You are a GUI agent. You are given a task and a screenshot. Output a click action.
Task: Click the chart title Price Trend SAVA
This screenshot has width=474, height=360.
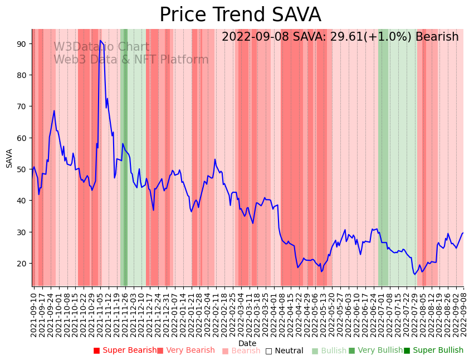click(240, 15)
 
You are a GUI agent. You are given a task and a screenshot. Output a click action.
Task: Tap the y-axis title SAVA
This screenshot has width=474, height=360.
click(9, 158)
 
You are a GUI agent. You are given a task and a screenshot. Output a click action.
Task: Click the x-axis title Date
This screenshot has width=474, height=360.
click(247, 344)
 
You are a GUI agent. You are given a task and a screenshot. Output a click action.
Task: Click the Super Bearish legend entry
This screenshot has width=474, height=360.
click(125, 351)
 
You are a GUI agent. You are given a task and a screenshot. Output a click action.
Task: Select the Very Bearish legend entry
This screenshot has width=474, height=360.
click(185, 351)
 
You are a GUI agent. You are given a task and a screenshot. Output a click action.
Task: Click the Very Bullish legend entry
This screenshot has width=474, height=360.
click(375, 351)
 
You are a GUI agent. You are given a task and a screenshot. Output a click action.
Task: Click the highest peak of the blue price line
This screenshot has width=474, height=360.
click(100, 41)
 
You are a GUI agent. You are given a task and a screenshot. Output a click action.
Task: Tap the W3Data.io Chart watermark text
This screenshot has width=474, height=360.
click(101, 47)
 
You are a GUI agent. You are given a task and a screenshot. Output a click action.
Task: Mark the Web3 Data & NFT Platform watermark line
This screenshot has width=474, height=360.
click(131, 60)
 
